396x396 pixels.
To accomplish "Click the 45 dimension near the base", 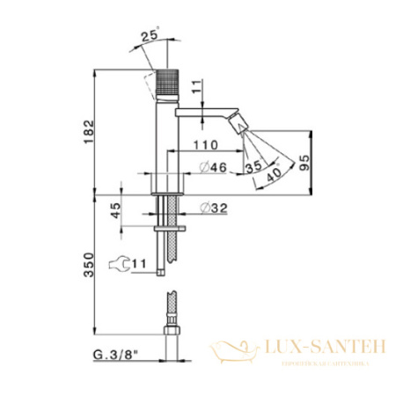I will point(114,211).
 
